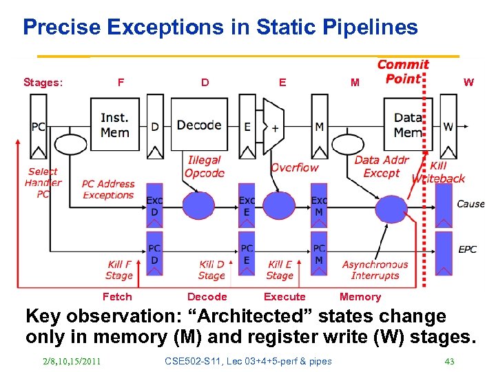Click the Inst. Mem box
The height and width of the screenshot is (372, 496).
click(x=114, y=125)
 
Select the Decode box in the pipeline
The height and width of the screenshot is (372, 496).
click(x=198, y=125)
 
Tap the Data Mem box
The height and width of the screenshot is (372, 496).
click(x=408, y=125)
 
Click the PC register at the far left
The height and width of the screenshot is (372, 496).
click(x=38, y=127)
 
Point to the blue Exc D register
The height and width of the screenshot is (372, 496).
click(x=154, y=206)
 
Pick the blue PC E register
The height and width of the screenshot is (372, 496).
click(x=247, y=254)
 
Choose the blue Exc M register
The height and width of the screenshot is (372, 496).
click(x=319, y=206)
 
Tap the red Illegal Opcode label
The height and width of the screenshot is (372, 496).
click(x=204, y=166)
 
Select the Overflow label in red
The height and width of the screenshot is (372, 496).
click(x=294, y=167)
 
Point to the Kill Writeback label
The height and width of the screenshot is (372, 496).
click(x=438, y=172)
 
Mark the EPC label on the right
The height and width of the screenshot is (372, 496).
click(x=467, y=249)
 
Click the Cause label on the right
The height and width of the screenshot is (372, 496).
click(x=471, y=203)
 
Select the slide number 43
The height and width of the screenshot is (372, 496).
click(x=450, y=362)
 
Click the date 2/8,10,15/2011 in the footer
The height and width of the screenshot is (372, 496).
click(x=71, y=362)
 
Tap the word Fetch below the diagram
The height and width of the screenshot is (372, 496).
click(x=116, y=297)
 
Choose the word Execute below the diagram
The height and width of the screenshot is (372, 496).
click(x=285, y=297)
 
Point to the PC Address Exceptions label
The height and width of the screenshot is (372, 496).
click(x=108, y=189)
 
